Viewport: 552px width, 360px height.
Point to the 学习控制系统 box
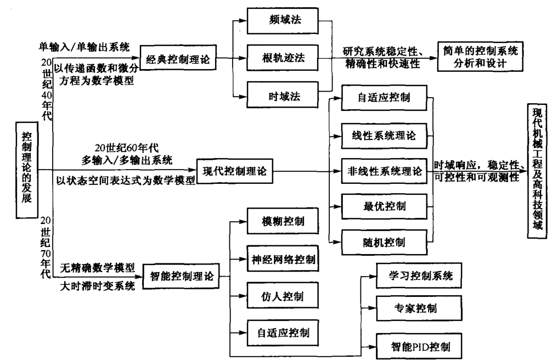(x=418, y=274)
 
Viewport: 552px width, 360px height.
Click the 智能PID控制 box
(x=418, y=346)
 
